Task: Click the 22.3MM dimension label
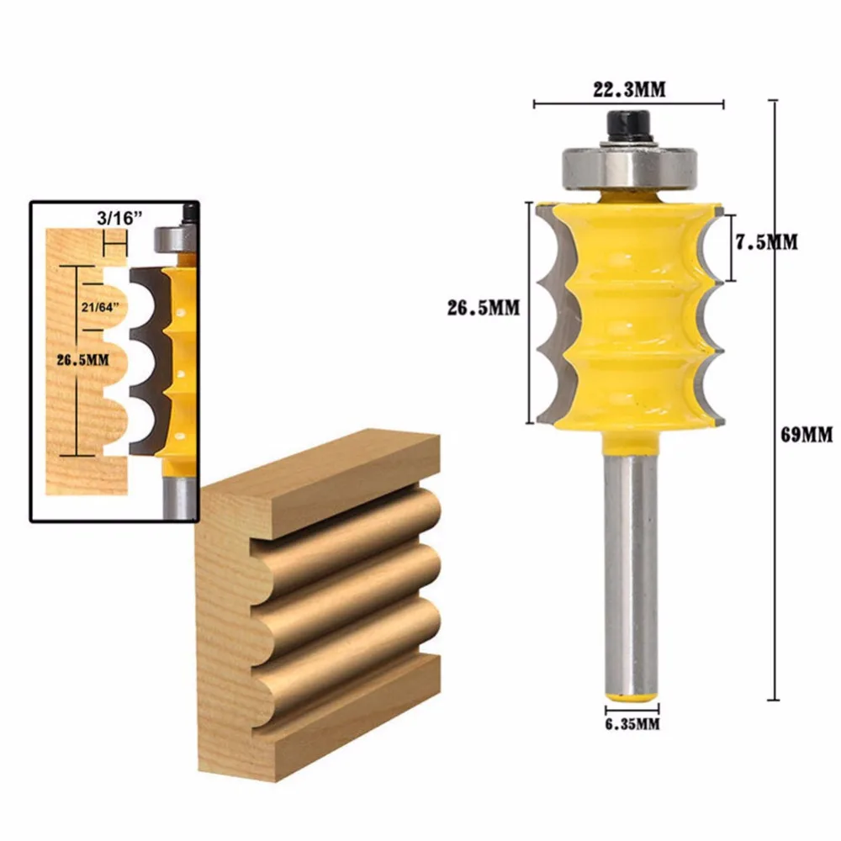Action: [629, 89]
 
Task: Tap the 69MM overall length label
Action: [807, 434]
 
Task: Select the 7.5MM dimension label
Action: [766, 242]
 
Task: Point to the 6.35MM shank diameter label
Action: [632, 725]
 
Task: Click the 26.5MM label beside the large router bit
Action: [484, 308]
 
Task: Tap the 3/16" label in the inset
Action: [120, 218]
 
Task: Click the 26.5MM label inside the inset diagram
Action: [83, 360]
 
